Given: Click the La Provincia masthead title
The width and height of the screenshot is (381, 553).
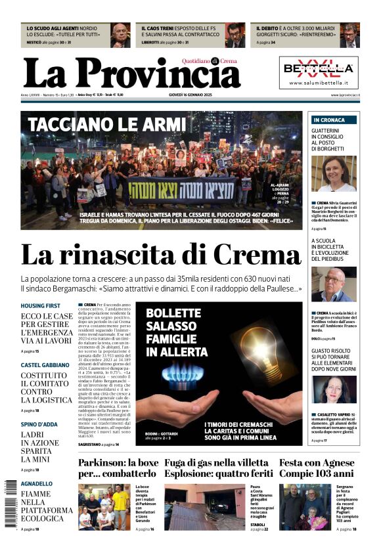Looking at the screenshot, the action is pos(131,72).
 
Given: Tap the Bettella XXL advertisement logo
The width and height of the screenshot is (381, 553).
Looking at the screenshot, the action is pos(319,68).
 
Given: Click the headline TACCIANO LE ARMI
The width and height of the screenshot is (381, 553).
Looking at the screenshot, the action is pos(107,124).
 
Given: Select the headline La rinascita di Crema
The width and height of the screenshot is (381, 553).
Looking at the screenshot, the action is pos(161,255).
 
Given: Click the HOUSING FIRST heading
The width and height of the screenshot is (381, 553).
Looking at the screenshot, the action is pos(41,306).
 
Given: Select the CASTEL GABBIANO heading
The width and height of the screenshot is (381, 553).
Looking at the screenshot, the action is pos(45,365).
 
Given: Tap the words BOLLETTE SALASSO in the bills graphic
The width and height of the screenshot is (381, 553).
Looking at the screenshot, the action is pos(173,320).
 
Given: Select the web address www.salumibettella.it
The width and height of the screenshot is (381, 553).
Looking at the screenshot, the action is pos(319,83).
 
